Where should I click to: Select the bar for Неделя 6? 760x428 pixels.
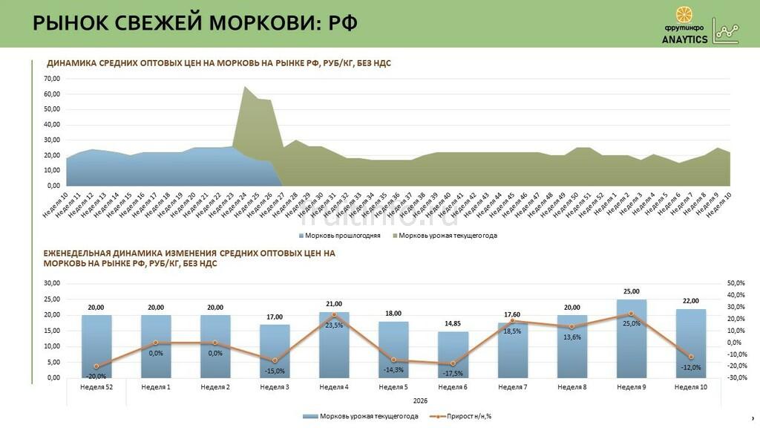453,355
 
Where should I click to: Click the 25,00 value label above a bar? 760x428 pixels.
631,292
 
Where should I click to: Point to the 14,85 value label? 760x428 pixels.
453,323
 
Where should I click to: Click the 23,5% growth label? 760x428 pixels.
334,325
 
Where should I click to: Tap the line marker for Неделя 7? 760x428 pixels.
512,321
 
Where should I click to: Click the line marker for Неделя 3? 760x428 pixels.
275,360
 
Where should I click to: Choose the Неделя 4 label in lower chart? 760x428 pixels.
334,387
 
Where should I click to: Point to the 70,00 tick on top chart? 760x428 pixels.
52,79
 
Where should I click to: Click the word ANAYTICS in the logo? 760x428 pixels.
684,40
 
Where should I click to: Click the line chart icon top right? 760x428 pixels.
726,30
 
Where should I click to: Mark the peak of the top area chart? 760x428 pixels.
245,87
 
